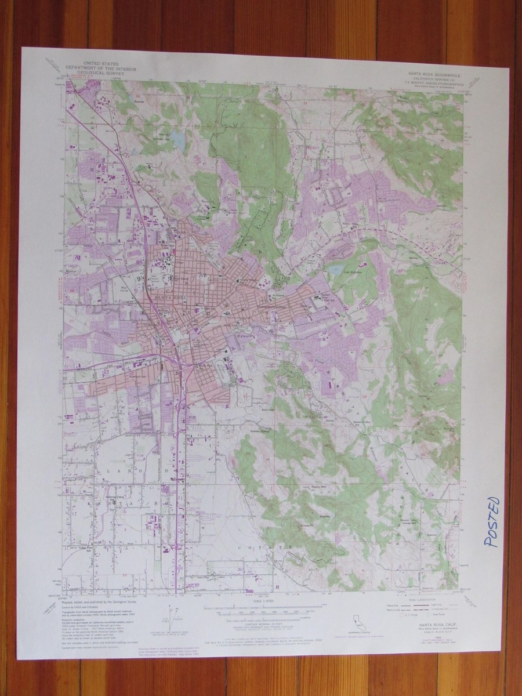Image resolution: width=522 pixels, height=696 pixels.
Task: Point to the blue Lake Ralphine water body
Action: pos(335,270)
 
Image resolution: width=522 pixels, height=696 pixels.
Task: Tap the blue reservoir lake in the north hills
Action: pos(177,138)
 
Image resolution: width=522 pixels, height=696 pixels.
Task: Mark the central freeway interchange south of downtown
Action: pos(181,364)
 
